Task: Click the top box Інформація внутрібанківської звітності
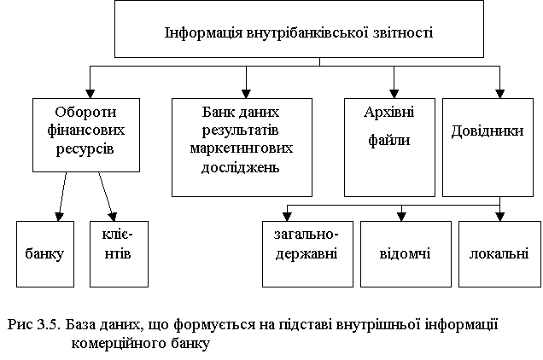pos(299,29)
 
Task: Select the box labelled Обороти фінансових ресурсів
pos(86,135)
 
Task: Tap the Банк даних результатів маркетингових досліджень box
pos(242,148)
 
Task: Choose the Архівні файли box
pos(389,148)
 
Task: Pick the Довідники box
pos(488,148)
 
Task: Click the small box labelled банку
pos(45,254)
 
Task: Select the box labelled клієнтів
pos(120,254)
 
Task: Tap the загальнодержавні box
pos(307,254)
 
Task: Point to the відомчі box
pos(406,254)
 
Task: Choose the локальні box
pos(499,254)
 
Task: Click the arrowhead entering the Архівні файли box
pos(394,94)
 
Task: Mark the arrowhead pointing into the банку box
pos(59,217)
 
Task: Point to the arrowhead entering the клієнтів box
pos(113,217)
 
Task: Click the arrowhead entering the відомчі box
pos(401,217)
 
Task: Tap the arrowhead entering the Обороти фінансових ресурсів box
pos(90,94)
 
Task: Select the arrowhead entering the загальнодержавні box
pos(287,217)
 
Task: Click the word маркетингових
pos(242,148)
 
